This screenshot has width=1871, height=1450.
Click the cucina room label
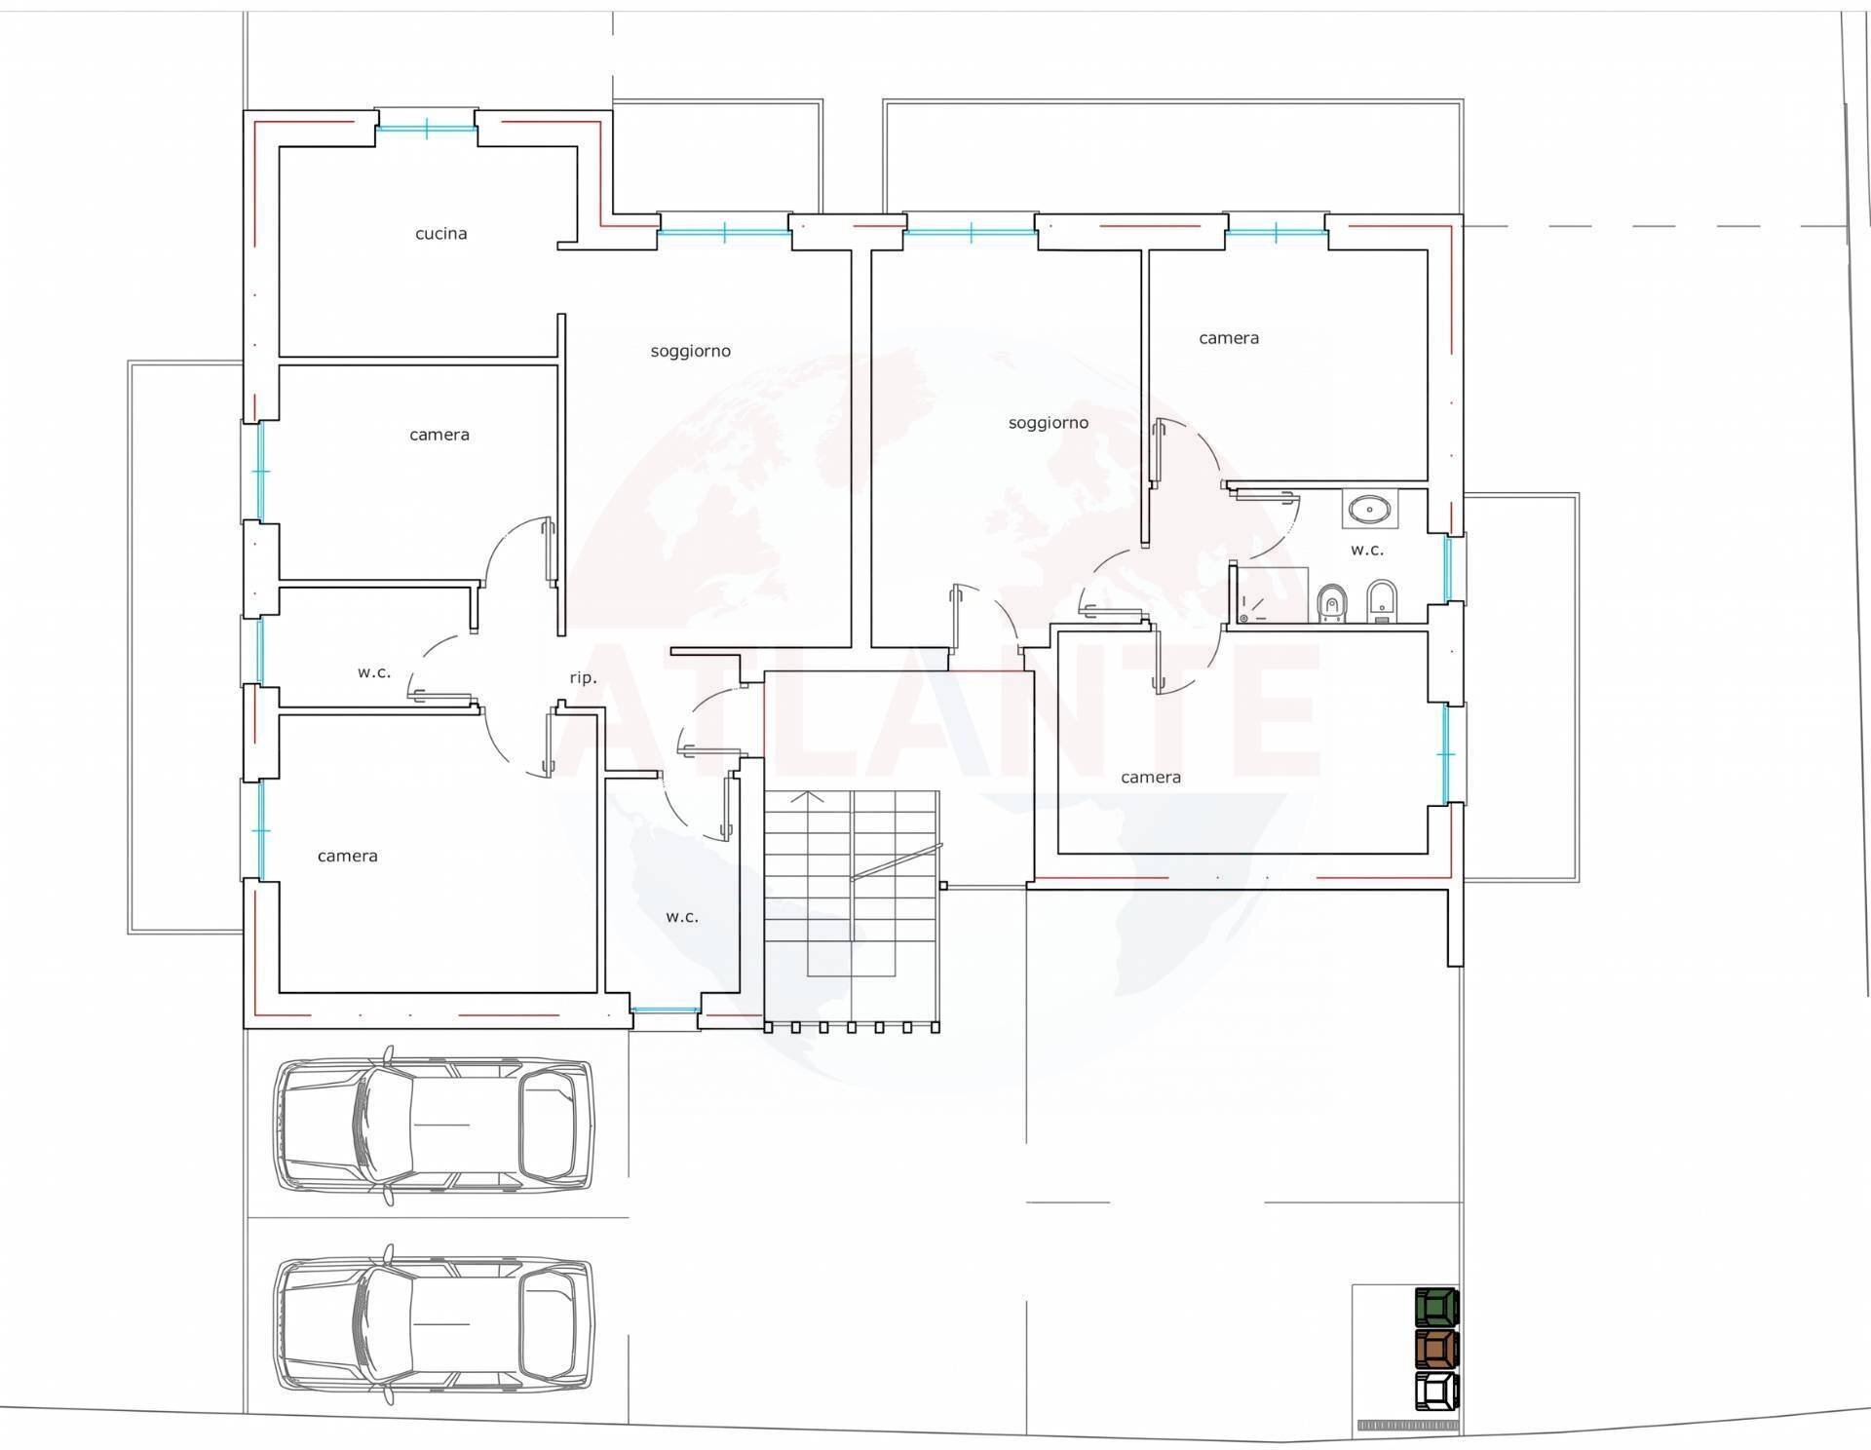(440, 234)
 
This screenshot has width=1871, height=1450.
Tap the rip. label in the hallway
(583, 678)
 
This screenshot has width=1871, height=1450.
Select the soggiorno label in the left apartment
(690, 352)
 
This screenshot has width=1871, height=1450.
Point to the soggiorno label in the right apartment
(1048, 423)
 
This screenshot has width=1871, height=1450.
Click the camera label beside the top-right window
(1228, 338)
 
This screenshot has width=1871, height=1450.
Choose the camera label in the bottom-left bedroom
(347, 857)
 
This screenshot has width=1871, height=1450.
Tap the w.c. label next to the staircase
(682, 917)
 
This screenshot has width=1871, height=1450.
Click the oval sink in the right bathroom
(1371, 508)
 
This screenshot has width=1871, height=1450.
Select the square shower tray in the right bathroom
(1271, 592)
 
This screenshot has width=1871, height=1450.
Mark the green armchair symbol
(1436, 1306)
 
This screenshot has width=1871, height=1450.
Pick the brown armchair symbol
(1436, 1349)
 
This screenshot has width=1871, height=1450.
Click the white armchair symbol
(1436, 1392)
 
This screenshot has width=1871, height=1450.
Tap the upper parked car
(433, 1125)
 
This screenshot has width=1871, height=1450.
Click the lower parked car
(433, 1324)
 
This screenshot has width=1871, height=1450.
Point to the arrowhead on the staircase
(807, 796)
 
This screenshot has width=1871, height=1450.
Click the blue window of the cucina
(426, 128)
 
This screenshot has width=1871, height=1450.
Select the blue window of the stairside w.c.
(665, 1011)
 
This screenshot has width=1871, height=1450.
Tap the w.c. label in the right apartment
(1366, 551)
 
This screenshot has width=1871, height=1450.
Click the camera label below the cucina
(439, 435)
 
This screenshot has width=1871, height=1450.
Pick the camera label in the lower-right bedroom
(1150, 778)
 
